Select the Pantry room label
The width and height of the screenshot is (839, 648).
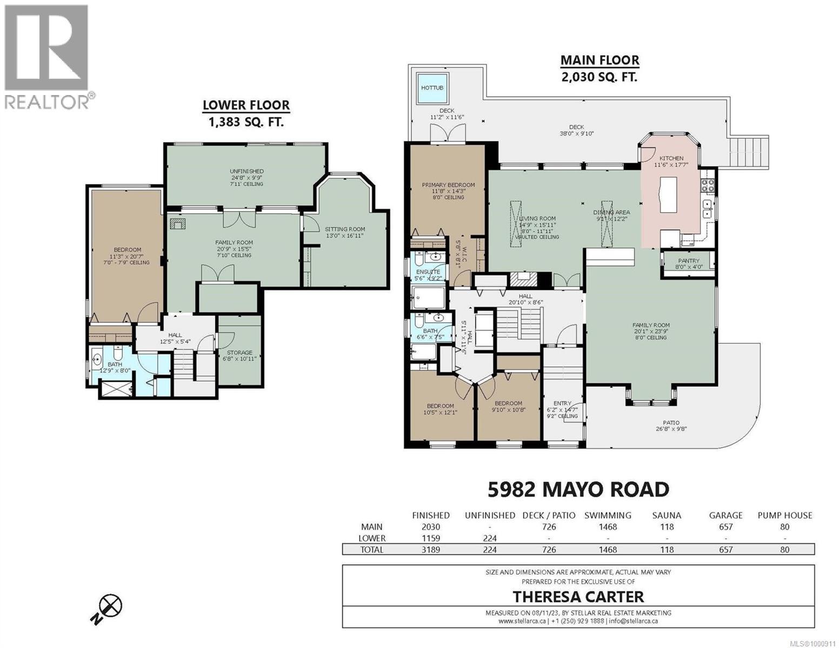pyautogui.click(x=689, y=264)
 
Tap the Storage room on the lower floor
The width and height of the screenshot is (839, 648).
pyautogui.click(x=239, y=356)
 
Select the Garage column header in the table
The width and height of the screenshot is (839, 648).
pyautogui.click(x=725, y=515)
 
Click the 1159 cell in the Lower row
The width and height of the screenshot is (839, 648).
pyautogui.click(x=430, y=538)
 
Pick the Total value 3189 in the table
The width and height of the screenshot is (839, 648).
pyautogui.click(x=430, y=550)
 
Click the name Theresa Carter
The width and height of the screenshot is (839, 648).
pyautogui.click(x=578, y=597)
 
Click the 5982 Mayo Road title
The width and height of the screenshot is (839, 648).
pyautogui.click(x=578, y=489)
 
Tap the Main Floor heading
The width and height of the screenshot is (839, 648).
pyautogui.click(x=599, y=67)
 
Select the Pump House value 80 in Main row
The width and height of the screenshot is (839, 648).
pyautogui.click(x=784, y=526)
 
